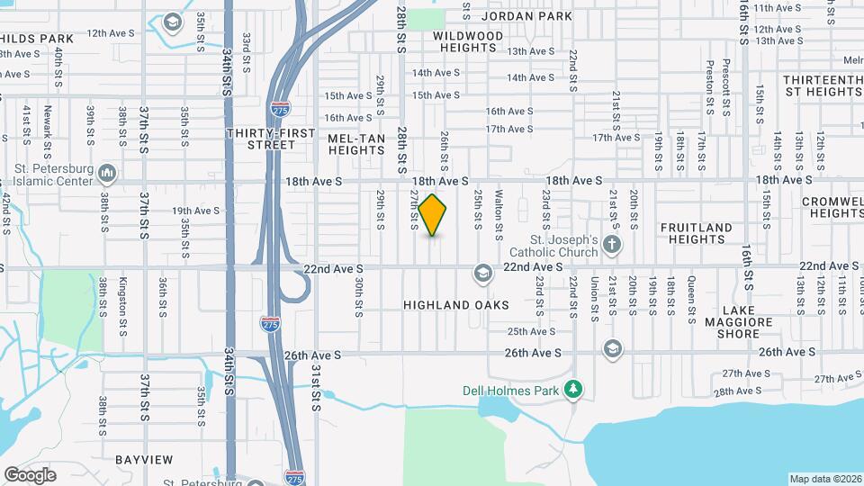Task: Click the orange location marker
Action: click(433, 215)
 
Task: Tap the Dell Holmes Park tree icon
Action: click(573, 390)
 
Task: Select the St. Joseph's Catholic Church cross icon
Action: click(612, 246)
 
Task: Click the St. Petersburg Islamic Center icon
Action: click(107, 172)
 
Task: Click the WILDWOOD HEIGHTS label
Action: click(468, 41)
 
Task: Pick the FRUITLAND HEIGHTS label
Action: click(696, 234)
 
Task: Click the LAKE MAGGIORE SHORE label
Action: click(738, 328)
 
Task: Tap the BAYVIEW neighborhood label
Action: click(144, 460)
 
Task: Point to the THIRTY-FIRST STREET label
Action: click(271, 139)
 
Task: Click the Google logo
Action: click(30, 475)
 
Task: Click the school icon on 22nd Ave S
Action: click(483, 273)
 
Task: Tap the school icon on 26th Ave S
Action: click(613, 348)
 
